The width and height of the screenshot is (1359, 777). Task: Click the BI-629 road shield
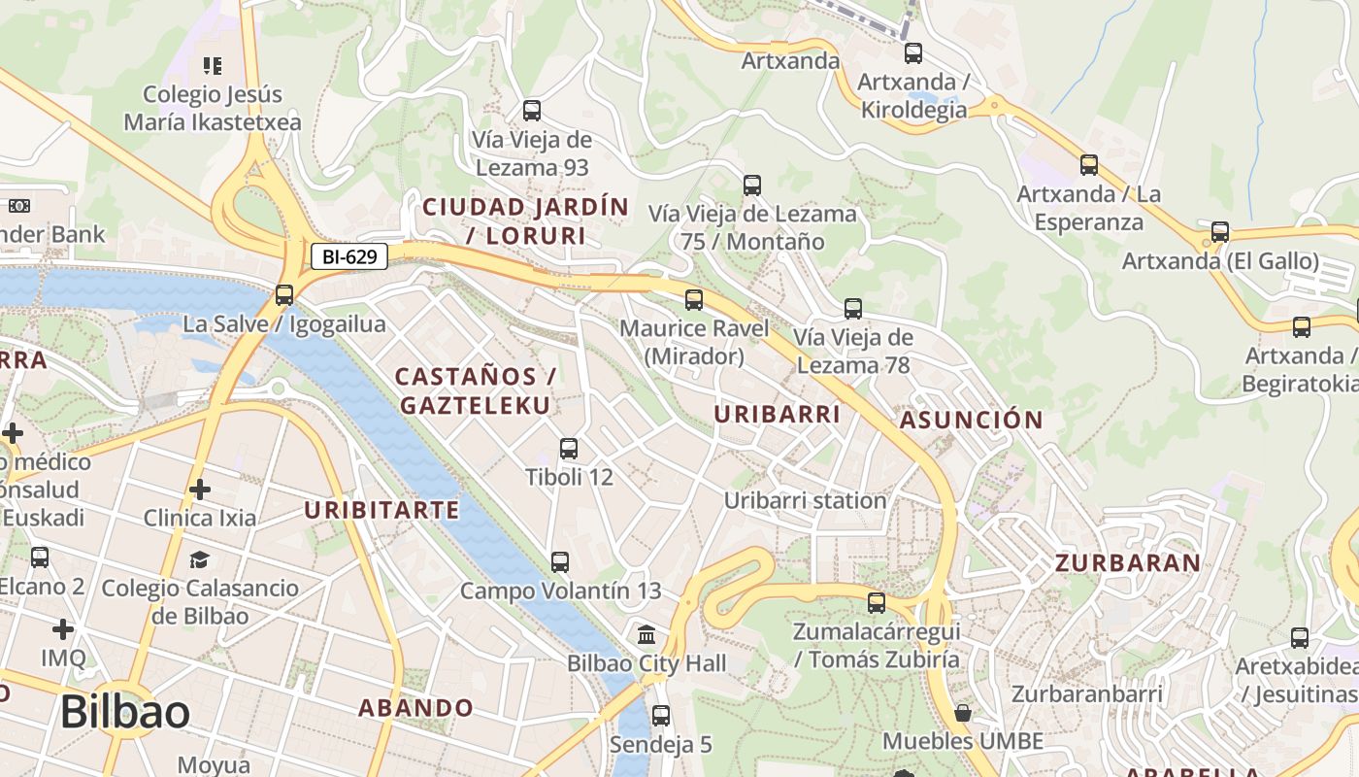tap(349, 256)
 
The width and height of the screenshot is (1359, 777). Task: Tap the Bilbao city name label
tap(125, 712)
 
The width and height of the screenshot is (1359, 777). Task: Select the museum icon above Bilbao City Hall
tap(646, 635)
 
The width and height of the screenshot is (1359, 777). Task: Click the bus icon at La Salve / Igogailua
tap(284, 295)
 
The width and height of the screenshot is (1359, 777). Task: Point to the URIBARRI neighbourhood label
tap(777, 414)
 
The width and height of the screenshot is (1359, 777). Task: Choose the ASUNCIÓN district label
tap(971, 421)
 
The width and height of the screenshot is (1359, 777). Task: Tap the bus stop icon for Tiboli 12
tap(569, 449)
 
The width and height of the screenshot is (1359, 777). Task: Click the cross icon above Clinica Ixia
tap(200, 489)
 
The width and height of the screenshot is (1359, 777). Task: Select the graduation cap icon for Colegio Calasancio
tap(200, 559)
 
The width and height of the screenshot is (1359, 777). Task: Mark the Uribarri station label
tap(805, 500)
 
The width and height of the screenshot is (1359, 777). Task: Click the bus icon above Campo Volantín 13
tap(560, 562)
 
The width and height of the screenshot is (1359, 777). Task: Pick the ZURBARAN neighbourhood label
tap(1127, 562)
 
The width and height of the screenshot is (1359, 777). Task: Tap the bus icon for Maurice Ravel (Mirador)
tap(694, 300)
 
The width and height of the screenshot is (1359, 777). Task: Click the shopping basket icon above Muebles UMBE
tap(962, 714)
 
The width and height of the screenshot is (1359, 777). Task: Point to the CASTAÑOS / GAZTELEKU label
tap(475, 390)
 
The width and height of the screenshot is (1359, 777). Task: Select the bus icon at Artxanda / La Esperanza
tap(1089, 165)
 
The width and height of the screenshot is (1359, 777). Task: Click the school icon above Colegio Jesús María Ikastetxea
tap(213, 66)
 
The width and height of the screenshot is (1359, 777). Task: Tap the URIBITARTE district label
tap(381, 510)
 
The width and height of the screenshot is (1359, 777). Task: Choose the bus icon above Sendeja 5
tap(661, 716)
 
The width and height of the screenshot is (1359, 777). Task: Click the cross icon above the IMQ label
tap(63, 629)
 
